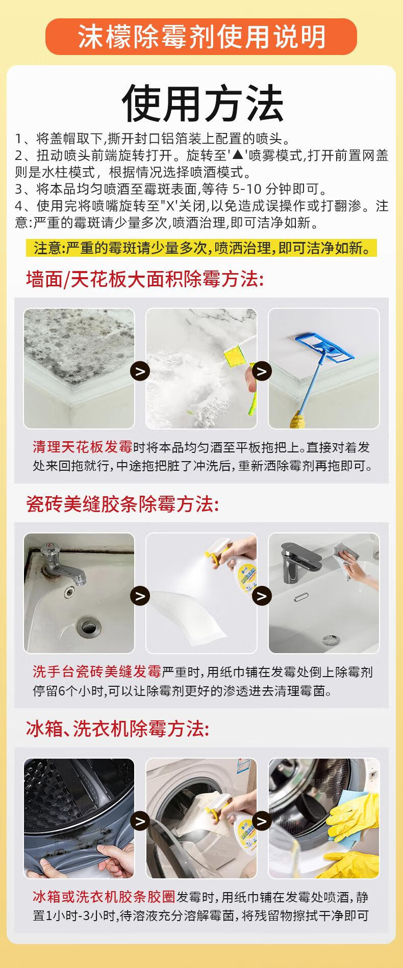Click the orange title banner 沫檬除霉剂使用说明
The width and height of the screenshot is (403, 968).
pos(202,37)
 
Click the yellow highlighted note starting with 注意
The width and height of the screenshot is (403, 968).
pos(202,248)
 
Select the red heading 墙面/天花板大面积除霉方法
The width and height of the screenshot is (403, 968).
pos(145,279)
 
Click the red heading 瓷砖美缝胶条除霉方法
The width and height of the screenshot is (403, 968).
pos(122,504)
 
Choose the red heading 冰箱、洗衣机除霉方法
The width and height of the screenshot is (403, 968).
pos(117,729)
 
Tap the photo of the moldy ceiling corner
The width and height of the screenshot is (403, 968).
pos(79,368)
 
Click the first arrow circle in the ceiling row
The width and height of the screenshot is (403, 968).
pos(140,370)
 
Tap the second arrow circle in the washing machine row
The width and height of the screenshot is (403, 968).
pos(262,821)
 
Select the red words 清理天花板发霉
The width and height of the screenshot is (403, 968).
pos(83,447)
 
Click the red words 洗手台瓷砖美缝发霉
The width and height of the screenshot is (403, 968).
pos(97,672)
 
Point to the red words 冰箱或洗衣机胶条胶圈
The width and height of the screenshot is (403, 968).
pos(104,897)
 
